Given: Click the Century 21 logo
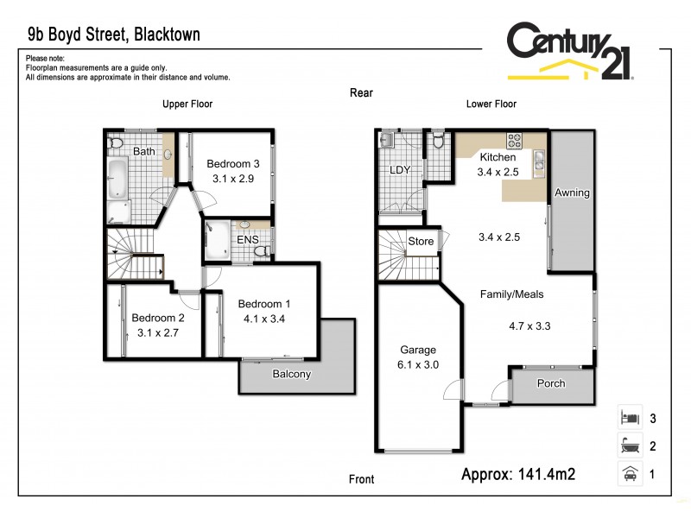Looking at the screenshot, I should point(569,52).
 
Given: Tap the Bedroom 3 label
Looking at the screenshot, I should point(233,164).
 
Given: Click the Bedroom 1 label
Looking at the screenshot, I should point(264,304).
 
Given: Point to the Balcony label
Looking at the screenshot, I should point(291,375).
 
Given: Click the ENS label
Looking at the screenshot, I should point(247,239).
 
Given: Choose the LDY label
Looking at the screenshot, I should point(399,170).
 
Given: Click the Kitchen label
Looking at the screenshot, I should point(498,158).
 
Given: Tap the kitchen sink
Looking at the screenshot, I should point(539,159).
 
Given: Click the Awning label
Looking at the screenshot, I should point(572,193).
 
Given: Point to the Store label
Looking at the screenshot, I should point(421,242).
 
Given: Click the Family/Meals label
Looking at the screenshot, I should point(511,294).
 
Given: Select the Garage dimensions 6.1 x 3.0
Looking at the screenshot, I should point(418,365).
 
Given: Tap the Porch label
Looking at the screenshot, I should point(551,384).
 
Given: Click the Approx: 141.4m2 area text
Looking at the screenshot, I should point(518,473).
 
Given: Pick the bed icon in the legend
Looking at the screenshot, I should point(629,418).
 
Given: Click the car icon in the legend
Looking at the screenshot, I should point(629,473).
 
